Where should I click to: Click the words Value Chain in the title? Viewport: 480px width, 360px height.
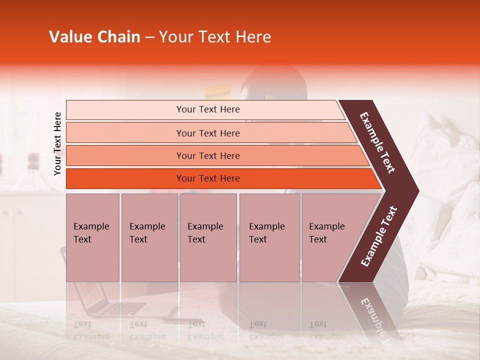tap(94, 37)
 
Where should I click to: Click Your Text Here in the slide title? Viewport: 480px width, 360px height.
tap(215, 37)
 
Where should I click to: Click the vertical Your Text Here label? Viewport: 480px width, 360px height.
tap(57, 144)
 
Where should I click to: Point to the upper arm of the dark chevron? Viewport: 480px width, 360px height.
tap(377, 142)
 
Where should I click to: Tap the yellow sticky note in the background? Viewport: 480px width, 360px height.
tap(218, 91)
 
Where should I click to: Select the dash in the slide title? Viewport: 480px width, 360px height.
tap(149, 37)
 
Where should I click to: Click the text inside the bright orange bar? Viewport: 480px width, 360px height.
tap(208, 178)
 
